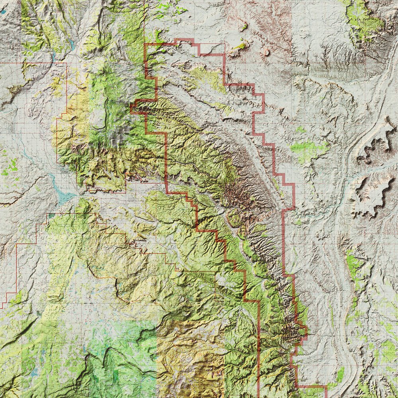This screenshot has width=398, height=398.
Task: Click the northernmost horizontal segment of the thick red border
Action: click(184, 40)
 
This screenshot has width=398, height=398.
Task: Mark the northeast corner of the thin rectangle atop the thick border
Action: click(225, 43)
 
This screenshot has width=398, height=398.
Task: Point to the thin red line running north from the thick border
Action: click(144, 20)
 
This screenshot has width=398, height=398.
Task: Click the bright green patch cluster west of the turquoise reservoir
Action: click(10, 167)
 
